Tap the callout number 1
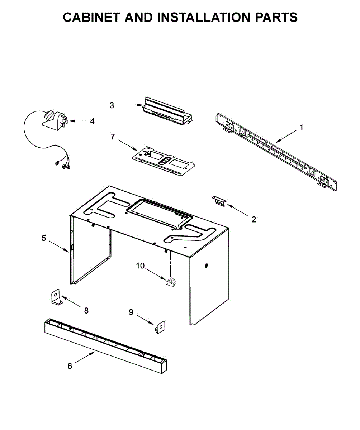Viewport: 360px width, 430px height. pos(301,127)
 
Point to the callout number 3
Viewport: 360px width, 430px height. pos(112,105)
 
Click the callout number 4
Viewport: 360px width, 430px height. pos(92,121)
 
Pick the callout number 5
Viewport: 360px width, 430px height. pos(44,238)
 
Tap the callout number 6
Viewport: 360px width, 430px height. pos(70,366)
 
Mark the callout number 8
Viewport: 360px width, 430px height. pos(86,310)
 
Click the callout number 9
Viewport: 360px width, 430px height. pos(131,312)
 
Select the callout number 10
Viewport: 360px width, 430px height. pos(140,266)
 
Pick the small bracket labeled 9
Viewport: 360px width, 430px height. pos(160,327)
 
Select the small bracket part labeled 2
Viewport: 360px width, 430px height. pos(218,201)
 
